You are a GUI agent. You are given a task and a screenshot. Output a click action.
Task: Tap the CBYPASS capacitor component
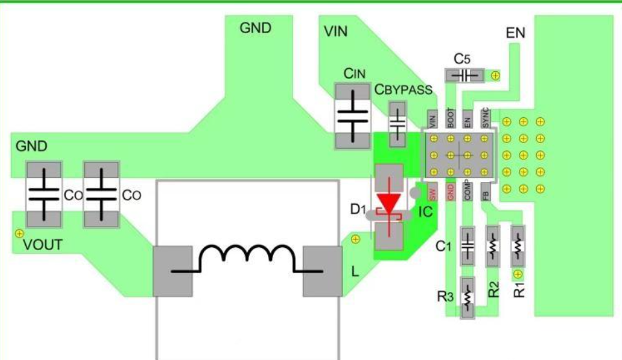tap(397, 122)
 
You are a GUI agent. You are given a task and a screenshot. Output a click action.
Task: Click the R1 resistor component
tap(517, 245)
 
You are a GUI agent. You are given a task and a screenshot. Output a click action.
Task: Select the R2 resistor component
tap(493, 245)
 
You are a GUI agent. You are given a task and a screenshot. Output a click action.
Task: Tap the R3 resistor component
tap(468, 297)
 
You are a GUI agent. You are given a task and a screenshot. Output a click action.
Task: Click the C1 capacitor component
tap(468, 245)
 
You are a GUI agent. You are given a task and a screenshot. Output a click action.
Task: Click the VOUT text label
tap(43, 246)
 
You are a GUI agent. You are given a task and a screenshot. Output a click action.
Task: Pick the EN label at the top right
tap(515, 33)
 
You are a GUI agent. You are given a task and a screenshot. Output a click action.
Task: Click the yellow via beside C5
tap(496, 76)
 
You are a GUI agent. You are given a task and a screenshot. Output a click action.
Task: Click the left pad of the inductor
tap(172, 271)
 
